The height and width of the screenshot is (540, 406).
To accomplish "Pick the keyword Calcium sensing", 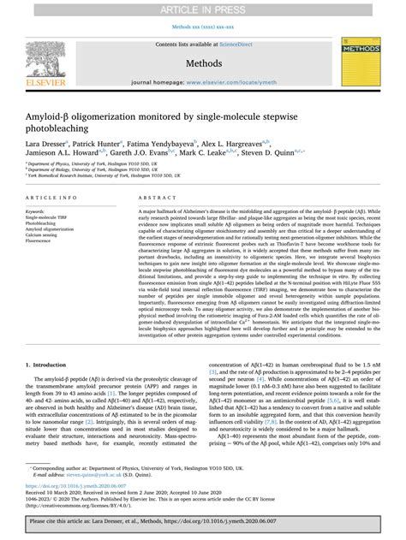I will pyautogui.click(x=47, y=235).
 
